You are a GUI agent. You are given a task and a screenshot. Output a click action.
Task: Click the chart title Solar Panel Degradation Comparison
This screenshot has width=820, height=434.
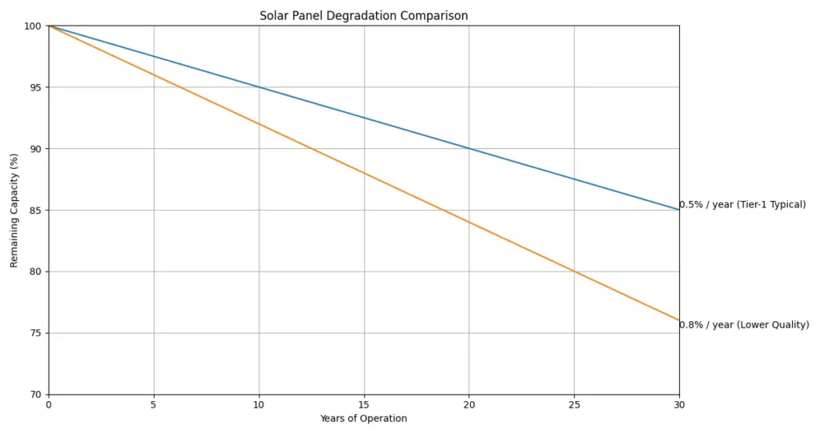(364, 16)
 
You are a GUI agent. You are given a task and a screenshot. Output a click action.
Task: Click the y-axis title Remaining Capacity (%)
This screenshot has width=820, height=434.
(14, 210)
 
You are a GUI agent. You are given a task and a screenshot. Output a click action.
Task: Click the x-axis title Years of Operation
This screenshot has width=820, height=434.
(364, 419)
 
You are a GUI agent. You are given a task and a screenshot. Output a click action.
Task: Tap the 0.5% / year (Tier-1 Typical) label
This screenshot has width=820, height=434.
(742, 205)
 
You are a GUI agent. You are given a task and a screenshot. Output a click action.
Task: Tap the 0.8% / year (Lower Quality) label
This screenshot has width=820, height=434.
(744, 325)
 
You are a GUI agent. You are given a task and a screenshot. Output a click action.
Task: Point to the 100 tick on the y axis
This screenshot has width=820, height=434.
(33, 26)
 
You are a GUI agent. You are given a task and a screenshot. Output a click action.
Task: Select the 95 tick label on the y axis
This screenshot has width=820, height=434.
(35, 87)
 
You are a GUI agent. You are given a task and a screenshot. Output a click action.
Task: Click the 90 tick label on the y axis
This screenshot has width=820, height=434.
(35, 149)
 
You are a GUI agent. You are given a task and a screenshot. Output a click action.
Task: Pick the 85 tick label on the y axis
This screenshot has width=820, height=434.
(35, 211)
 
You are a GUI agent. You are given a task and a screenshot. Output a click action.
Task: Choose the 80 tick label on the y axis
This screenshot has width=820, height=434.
(35, 271)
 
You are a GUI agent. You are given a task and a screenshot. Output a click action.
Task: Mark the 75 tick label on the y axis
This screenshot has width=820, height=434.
(35, 333)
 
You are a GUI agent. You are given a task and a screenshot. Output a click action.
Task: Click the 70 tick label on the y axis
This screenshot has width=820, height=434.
(35, 395)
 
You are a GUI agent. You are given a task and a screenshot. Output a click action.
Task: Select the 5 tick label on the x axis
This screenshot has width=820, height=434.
(154, 405)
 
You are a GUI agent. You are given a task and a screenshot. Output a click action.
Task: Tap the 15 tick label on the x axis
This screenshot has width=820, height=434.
(364, 405)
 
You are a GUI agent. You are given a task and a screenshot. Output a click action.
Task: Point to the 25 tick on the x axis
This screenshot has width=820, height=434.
(574, 405)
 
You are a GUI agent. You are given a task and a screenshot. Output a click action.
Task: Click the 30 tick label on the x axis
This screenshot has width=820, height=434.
(679, 405)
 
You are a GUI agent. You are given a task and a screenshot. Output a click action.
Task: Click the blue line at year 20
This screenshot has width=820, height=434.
(469, 149)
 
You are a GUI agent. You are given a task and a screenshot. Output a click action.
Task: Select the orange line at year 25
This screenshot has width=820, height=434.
(574, 271)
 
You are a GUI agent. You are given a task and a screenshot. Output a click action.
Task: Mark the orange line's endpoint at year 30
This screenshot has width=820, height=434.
(679, 320)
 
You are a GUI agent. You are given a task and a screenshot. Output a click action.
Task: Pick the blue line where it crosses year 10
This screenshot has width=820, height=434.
(259, 87)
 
